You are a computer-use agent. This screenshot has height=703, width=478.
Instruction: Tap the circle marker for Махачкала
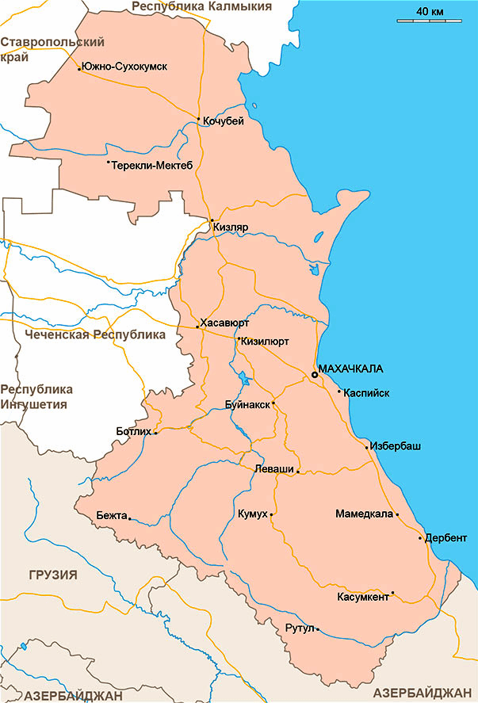coord(315,374)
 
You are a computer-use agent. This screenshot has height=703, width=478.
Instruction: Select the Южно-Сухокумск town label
coord(124,67)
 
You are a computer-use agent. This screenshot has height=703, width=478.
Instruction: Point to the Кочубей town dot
coord(198,119)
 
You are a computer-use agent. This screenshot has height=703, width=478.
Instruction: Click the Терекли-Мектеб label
coord(152,165)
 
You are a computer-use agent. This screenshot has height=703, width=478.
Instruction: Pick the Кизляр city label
coord(231,227)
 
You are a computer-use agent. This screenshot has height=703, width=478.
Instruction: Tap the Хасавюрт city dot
coord(197,327)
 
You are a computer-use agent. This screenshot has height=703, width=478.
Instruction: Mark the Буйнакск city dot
coord(273,403)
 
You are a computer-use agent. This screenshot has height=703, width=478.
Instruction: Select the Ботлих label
coord(132,431)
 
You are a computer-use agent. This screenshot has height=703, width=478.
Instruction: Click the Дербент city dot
coord(420,538)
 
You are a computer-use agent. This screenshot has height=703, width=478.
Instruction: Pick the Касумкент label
coord(363,597)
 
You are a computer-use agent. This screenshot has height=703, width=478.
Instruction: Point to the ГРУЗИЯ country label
coord(52,575)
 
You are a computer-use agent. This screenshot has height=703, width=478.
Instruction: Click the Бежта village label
coord(111,516)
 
